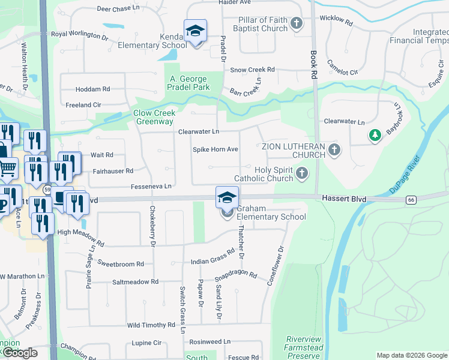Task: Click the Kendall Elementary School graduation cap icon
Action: point(194,31)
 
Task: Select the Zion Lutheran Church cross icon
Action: point(334,150)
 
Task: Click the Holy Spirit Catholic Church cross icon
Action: point(301,174)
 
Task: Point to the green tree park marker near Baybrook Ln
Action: point(375,136)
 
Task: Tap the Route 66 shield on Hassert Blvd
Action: point(411,200)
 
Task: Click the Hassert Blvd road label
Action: point(343,198)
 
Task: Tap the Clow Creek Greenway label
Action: point(153,117)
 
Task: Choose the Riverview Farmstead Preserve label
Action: point(304,347)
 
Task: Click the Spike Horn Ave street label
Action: point(215,149)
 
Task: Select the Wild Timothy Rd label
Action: point(151,325)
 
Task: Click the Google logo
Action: point(19,352)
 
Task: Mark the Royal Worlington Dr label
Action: point(79,35)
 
